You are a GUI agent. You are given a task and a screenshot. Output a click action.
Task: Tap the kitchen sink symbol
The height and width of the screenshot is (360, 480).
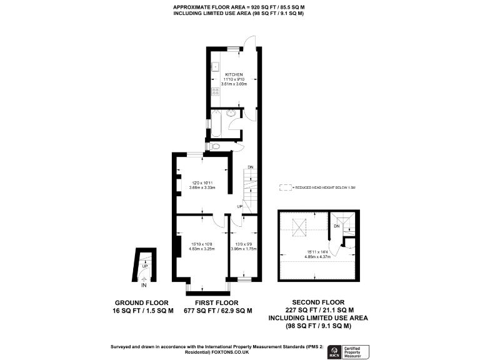point(214,66)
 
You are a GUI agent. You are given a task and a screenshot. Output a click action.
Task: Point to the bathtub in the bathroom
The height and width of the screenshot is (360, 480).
point(218,123)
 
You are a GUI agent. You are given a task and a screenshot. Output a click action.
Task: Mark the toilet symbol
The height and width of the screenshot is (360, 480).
point(216,146)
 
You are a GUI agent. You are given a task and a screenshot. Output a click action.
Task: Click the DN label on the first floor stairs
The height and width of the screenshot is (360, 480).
point(250,167)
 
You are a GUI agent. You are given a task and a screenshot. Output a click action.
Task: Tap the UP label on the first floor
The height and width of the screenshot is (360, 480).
point(239,206)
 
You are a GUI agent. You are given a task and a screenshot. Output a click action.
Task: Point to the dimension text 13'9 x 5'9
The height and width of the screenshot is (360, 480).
point(244,244)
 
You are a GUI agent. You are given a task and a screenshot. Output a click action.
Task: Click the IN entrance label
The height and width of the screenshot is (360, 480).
point(144,286)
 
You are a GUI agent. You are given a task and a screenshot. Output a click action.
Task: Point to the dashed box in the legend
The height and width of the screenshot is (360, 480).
point(286,187)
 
